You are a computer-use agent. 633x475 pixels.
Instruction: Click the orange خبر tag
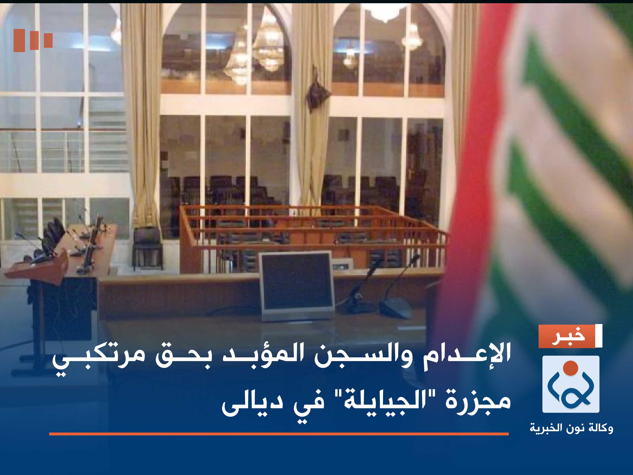coord(566,336)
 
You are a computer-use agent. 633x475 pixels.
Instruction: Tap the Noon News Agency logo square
coord(571,384)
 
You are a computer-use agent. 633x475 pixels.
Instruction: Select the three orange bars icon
coord(33,40)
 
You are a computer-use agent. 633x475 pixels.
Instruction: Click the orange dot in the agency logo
coord(571,367)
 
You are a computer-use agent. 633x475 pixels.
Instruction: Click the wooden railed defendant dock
coord(312,238)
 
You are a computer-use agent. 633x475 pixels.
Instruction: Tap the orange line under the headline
coord(279,434)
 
